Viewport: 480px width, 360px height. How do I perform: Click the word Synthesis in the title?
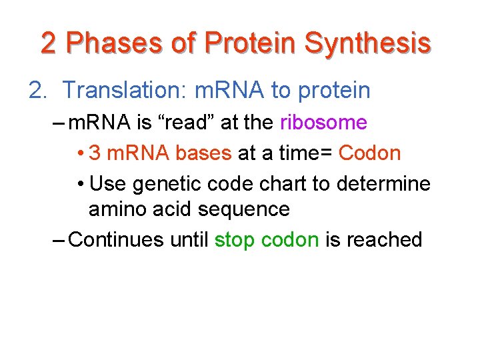367,43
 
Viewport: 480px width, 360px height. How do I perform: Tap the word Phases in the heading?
113,43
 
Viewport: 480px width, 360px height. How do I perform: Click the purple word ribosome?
323,123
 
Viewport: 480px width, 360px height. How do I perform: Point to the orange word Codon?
369,153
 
